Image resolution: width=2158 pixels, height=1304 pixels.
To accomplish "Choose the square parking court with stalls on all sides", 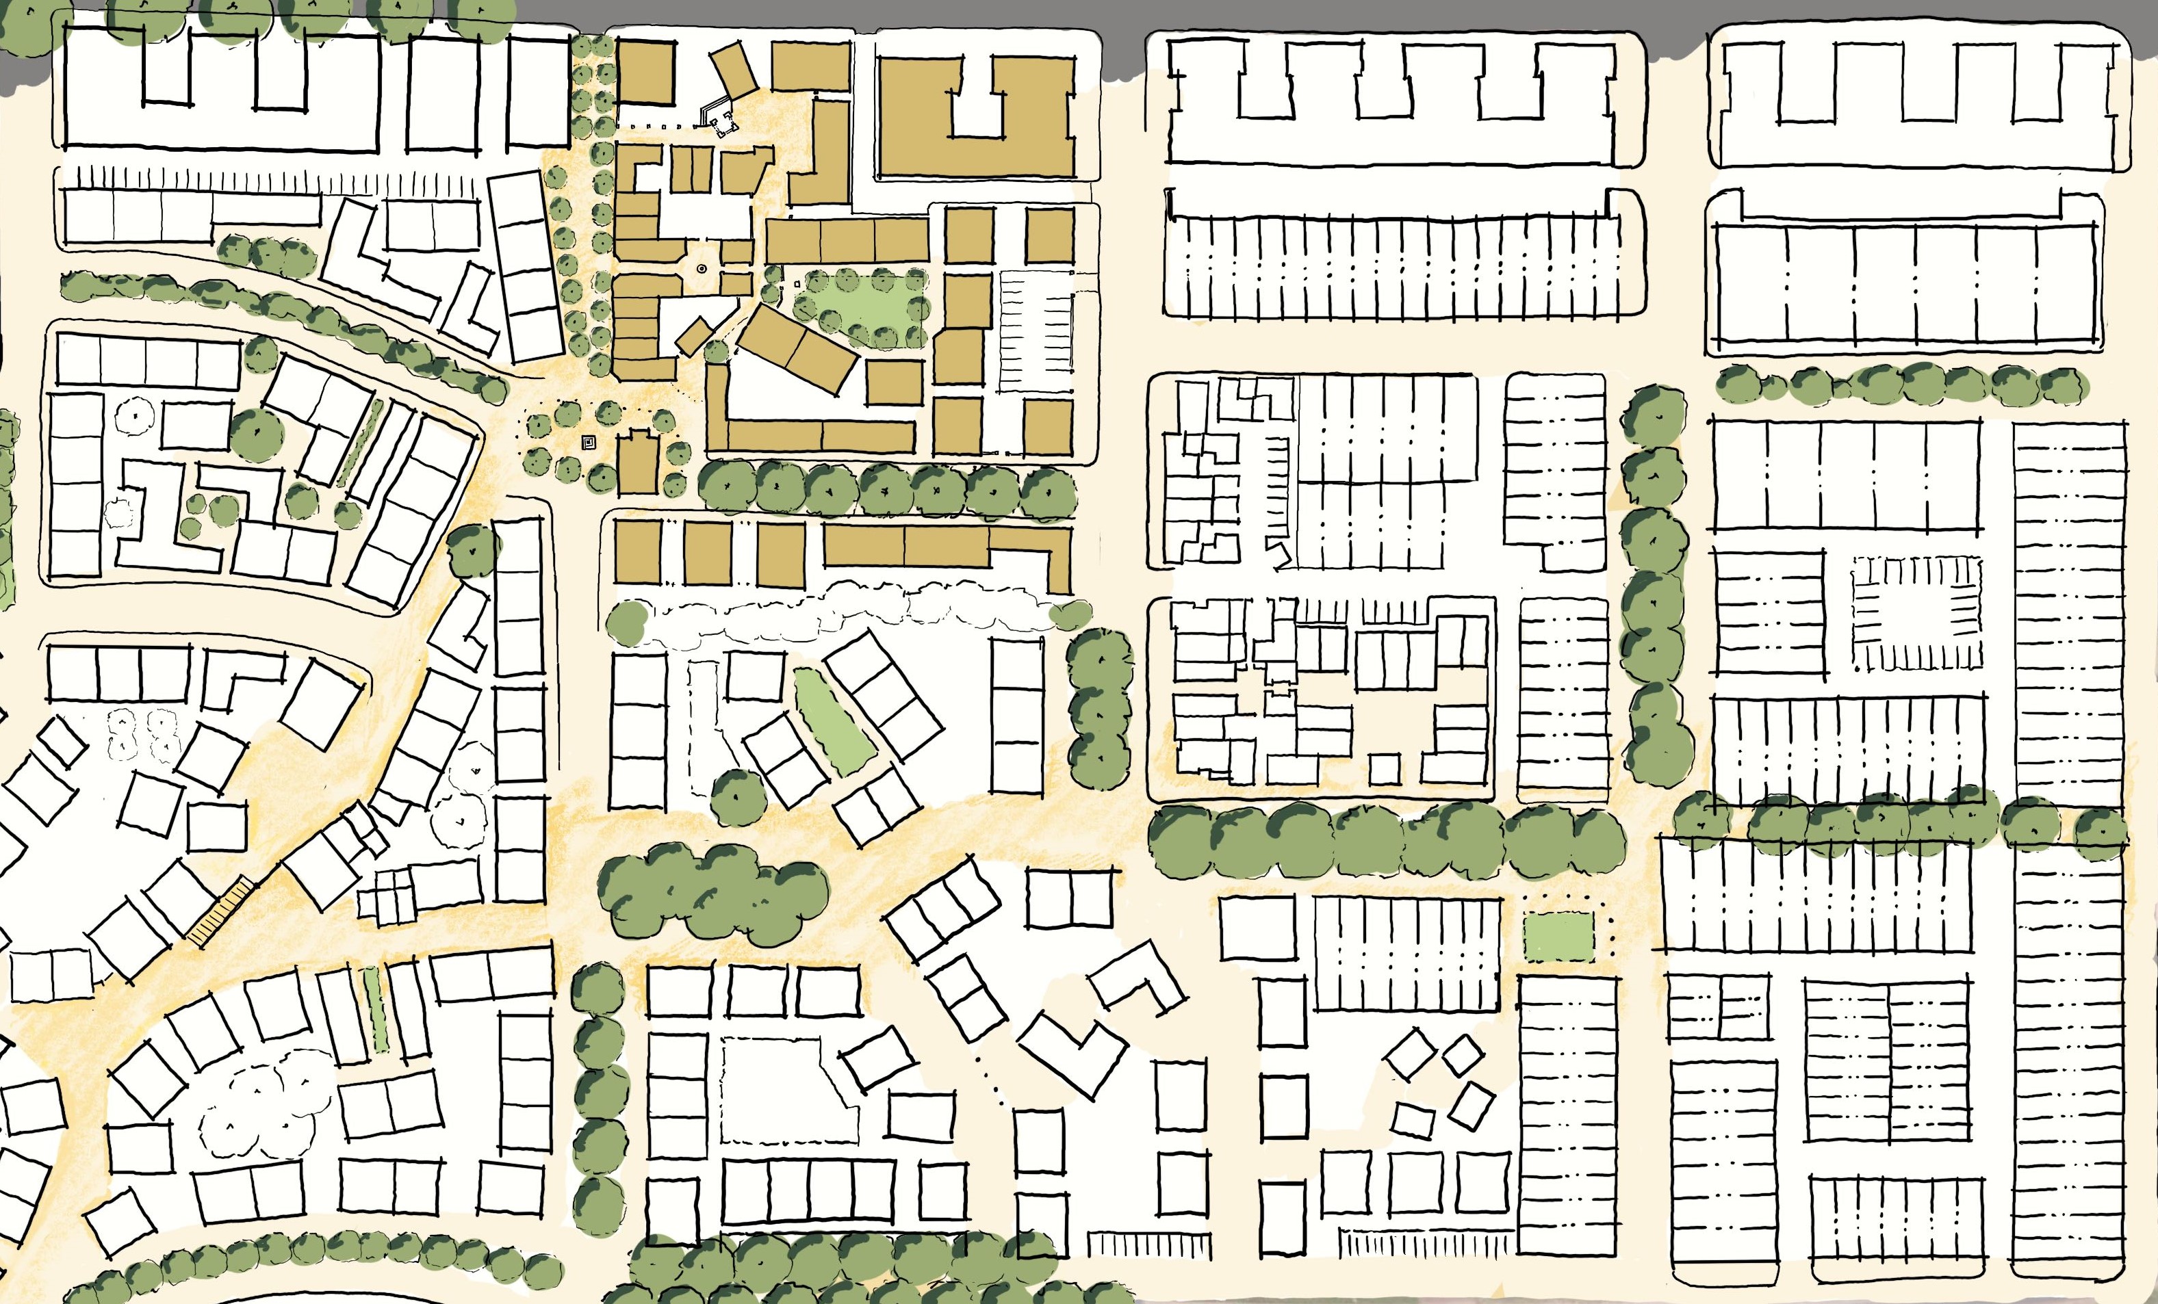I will click(1916, 613).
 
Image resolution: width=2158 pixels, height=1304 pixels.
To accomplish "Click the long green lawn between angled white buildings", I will click(833, 720).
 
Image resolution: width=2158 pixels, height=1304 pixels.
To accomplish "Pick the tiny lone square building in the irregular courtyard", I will click(1384, 769).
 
